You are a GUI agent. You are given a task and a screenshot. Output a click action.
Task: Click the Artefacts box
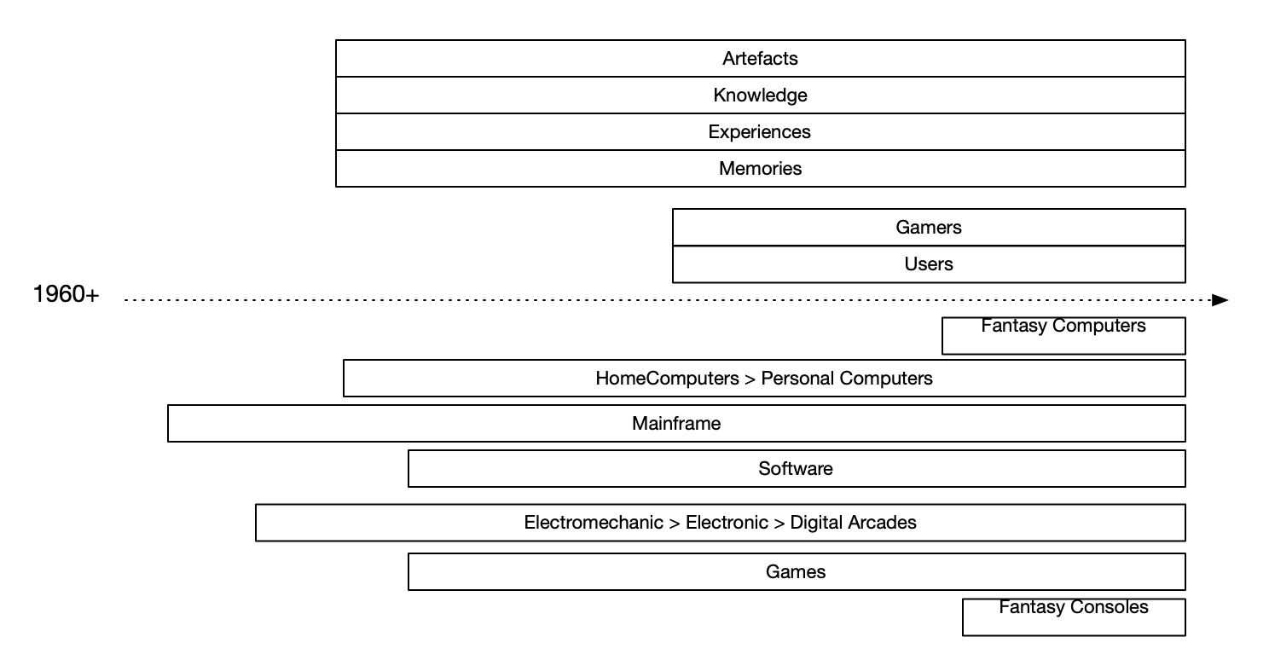coord(760,59)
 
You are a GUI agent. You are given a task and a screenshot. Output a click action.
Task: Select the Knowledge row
coord(760,96)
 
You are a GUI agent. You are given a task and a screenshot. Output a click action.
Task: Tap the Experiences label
coord(759,132)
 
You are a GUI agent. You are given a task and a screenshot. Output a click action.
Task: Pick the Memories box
coord(760,169)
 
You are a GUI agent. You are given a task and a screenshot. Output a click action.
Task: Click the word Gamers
coord(929,228)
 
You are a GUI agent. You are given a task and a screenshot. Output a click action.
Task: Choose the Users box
coord(929,264)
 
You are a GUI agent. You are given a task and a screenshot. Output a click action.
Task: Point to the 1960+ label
coord(66,295)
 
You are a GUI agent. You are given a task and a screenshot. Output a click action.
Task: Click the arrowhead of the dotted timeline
coord(1220,300)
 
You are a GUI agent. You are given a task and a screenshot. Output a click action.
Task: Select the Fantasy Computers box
coord(1063,336)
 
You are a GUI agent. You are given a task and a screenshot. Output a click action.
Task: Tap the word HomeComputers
coord(667,379)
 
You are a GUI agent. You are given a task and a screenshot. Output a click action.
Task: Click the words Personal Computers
coord(847,379)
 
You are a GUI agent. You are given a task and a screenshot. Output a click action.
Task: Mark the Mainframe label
coord(676,424)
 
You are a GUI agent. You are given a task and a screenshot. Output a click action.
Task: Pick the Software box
coord(796,469)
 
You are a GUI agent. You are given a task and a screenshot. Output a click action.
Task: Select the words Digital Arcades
coord(853,523)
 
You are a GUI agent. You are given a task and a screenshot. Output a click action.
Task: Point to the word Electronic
coord(727,523)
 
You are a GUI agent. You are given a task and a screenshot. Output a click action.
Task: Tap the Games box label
coord(796,572)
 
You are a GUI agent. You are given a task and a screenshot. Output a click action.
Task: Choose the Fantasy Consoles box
coord(1074,617)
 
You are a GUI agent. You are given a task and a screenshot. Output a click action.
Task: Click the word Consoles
coord(1109,608)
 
